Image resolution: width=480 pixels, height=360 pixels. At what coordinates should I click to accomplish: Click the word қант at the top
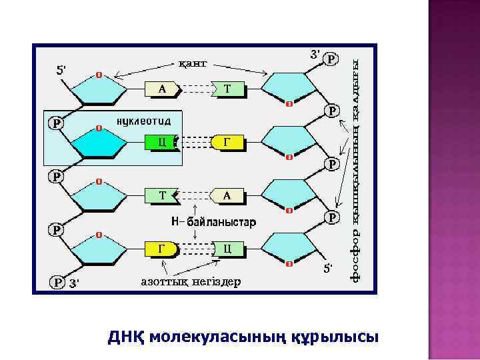click(x=193, y=63)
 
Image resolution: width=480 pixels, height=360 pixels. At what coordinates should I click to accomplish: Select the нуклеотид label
click(x=144, y=121)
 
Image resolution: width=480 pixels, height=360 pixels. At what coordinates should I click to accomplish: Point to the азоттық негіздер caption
click(x=191, y=281)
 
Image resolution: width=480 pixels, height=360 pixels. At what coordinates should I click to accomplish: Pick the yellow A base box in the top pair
click(x=163, y=88)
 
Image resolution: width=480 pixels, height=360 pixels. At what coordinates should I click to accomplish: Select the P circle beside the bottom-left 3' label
click(x=58, y=282)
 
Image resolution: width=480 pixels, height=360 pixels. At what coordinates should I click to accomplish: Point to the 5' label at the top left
click(x=60, y=69)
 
